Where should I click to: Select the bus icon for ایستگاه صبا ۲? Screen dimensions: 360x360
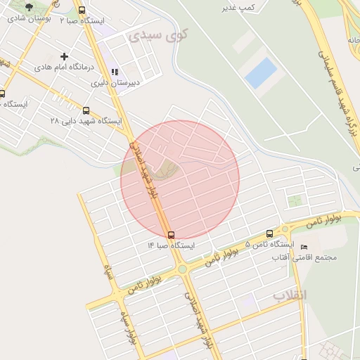pos(82,11)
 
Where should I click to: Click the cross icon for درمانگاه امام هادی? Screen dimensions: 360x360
pos(65,56)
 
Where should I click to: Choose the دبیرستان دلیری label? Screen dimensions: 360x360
pos(115,82)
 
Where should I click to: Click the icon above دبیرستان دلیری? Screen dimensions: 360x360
pos(115,71)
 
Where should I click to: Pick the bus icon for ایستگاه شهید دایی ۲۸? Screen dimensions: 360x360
pos(86,110)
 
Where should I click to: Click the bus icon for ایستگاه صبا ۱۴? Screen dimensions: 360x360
pos(171,234)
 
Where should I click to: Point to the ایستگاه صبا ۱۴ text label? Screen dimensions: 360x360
pos(170,245)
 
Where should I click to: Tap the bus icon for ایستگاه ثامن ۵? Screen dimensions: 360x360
pos(269,234)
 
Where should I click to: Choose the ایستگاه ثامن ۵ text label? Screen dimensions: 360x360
pos(269,245)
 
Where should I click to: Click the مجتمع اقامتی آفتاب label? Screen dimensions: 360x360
pos(305,258)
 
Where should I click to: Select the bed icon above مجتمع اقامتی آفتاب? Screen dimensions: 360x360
pos(304,247)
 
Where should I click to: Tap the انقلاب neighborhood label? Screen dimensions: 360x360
pos(290,295)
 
